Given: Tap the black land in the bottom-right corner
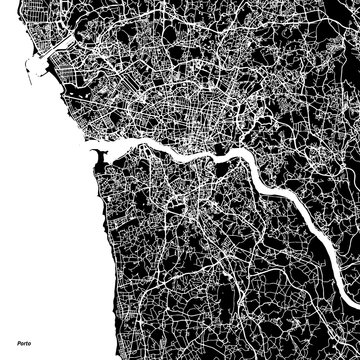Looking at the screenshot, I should coord(345,345).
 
